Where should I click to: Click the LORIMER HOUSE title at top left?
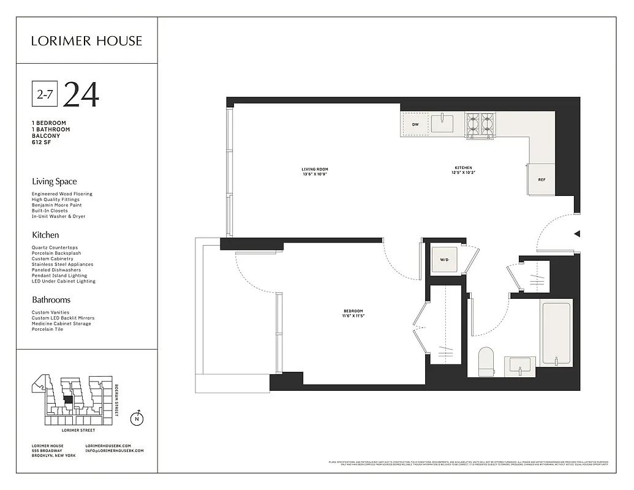(86, 41)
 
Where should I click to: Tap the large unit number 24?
(81, 94)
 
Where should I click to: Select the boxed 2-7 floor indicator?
(44, 94)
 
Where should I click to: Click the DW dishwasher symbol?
(415, 124)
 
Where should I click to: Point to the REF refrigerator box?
(542, 179)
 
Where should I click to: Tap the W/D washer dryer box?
(444, 260)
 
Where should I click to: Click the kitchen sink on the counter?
(442, 124)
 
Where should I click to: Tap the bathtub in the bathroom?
(556, 333)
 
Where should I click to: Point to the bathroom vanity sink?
(520, 366)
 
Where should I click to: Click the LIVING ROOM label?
(315, 171)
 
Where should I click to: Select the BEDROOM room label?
(353, 314)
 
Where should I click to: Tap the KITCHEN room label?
(463, 170)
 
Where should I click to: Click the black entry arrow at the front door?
(576, 233)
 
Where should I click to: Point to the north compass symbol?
(137, 419)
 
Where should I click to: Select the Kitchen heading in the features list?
(45, 235)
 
